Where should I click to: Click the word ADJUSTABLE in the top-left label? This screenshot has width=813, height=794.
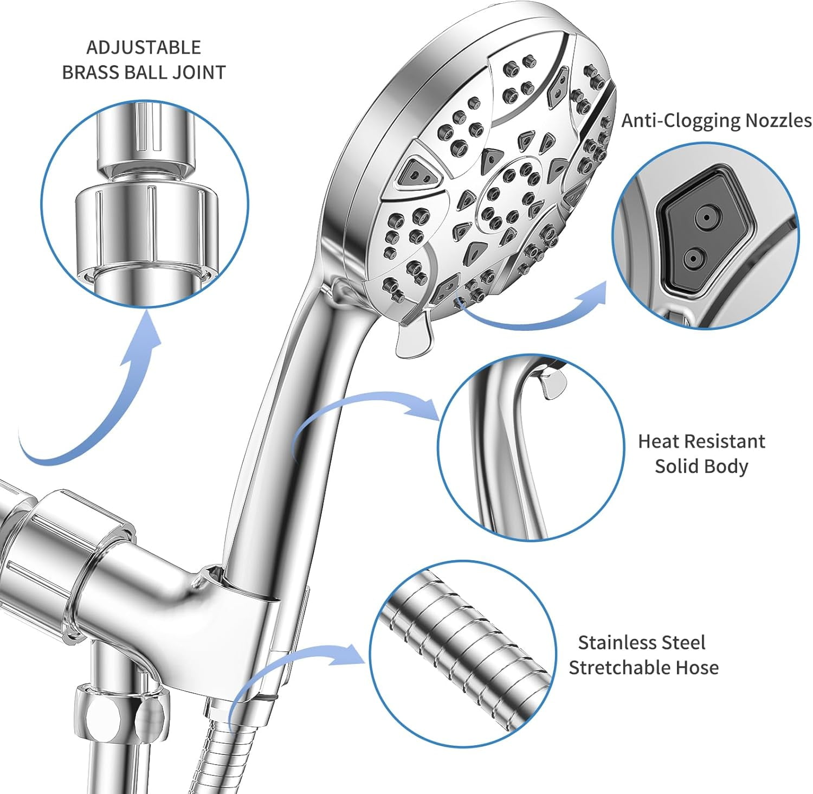(x=144, y=48)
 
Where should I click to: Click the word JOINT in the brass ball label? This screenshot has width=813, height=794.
(x=198, y=72)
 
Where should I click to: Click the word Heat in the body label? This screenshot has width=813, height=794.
(x=657, y=441)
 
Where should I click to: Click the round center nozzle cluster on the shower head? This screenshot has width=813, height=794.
(x=507, y=193)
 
